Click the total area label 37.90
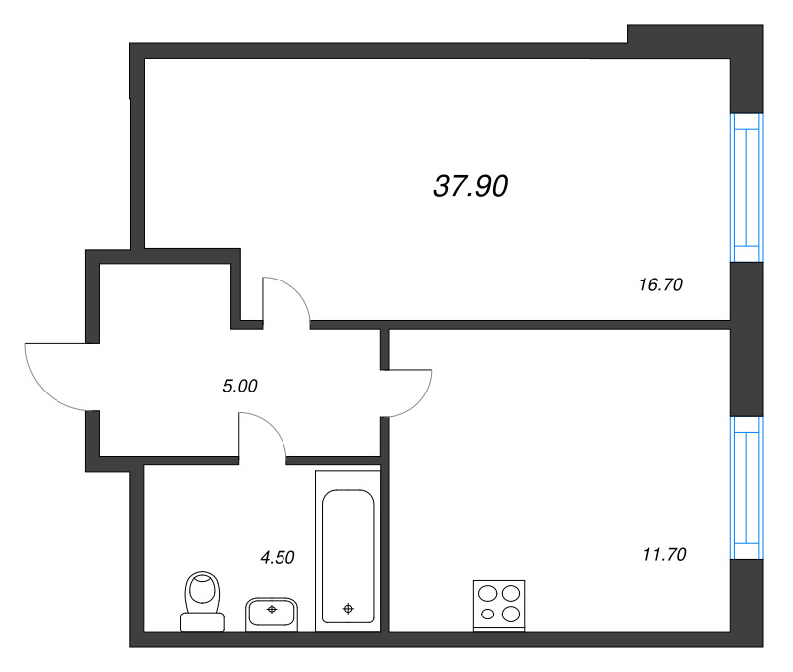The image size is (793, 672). [x=471, y=185]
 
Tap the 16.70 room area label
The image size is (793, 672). [x=661, y=284]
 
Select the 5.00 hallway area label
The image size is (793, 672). [x=240, y=386]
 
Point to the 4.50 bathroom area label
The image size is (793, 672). [x=278, y=557]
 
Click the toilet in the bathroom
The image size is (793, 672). [x=203, y=600]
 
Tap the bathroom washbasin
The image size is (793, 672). [x=270, y=613]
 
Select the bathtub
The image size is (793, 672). [x=348, y=549]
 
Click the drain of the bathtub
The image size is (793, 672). [x=348, y=608]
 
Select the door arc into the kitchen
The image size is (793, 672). [x=409, y=392]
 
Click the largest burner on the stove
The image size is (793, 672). [x=510, y=593]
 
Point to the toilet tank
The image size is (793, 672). [x=203, y=621]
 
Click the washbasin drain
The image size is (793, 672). [x=270, y=609]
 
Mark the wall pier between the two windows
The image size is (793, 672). [x=746, y=338]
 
